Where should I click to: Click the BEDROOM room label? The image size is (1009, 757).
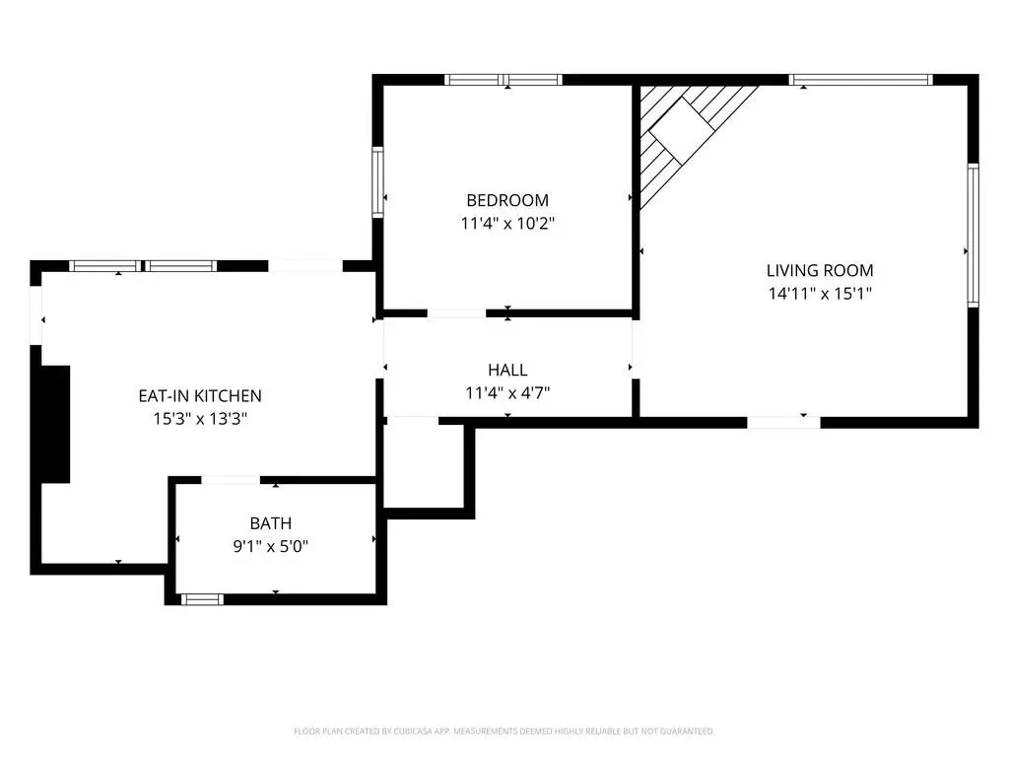point(507,200)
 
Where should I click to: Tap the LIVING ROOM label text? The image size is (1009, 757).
point(820,270)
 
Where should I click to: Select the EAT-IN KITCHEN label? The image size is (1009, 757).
point(200,396)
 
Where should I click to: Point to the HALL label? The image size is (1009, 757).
point(507,371)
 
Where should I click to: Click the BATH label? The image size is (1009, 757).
point(271,523)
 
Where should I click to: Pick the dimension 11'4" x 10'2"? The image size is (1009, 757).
point(507,224)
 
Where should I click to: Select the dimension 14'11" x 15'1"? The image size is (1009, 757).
point(820,294)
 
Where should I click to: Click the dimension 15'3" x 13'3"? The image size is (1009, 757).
point(200,419)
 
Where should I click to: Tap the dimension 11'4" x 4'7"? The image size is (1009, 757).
point(507,392)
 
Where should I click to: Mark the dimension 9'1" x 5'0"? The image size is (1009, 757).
point(271,546)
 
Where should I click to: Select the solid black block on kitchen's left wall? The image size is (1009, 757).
point(55,424)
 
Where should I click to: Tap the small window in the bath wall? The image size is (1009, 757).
point(202,599)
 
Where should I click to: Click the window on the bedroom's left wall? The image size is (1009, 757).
point(377,182)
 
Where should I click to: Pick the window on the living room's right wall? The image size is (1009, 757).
point(973,235)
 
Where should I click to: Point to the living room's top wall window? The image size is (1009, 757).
point(861,80)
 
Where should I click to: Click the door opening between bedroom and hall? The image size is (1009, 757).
point(457,313)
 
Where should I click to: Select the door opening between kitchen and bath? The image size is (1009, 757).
point(231,480)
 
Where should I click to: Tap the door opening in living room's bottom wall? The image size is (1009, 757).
point(783,423)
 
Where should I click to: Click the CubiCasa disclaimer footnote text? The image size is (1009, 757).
point(504,731)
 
